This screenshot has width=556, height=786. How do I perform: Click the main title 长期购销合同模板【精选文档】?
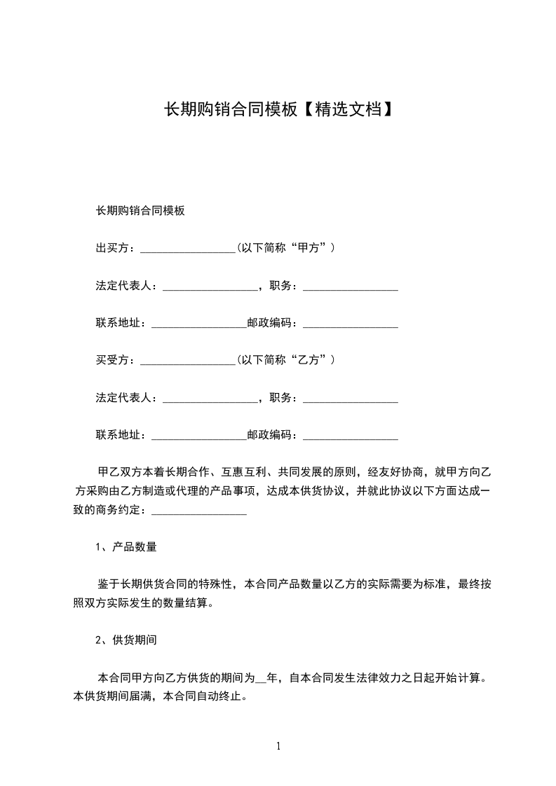pyautogui.click(x=278, y=109)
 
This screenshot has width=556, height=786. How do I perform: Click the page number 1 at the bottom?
pyautogui.click(x=278, y=746)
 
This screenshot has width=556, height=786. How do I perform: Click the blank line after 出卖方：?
pyautogui.click(x=188, y=249)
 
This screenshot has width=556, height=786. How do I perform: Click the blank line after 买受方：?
pyautogui.click(x=188, y=360)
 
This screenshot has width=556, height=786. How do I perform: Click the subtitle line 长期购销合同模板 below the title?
pyautogui.click(x=140, y=210)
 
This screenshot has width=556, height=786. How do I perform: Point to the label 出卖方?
pyautogui.click(x=112, y=248)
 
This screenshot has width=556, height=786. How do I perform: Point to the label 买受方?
pyautogui.click(x=112, y=360)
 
